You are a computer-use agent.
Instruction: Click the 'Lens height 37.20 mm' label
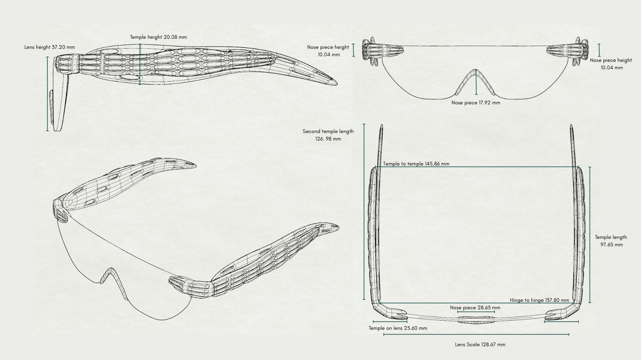click(x=50, y=47)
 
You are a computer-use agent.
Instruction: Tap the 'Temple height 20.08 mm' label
click(x=158, y=37)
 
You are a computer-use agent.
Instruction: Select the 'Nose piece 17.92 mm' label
click(x=476, y=103)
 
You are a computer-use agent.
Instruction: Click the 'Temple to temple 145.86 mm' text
click(x=416, y=164)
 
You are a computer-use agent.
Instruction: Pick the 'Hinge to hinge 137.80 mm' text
click(x=539, y=300)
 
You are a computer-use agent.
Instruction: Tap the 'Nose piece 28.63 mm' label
click(x=475, y=307)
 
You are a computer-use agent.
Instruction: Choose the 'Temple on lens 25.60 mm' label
click(x=398, y=328)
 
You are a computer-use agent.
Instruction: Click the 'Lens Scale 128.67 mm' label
click(x=480, y=344)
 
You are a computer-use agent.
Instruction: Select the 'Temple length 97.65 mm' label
click(x=611, y=241)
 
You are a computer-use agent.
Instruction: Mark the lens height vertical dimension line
click(x=47, y=93)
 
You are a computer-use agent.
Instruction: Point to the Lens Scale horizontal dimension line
click(x=476, y=334)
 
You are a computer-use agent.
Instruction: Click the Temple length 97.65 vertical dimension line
click(x=590, y=235)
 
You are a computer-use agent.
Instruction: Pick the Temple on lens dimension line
click(x=390, y=322)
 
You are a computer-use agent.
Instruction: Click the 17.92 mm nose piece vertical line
click(x=476, y=83)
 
